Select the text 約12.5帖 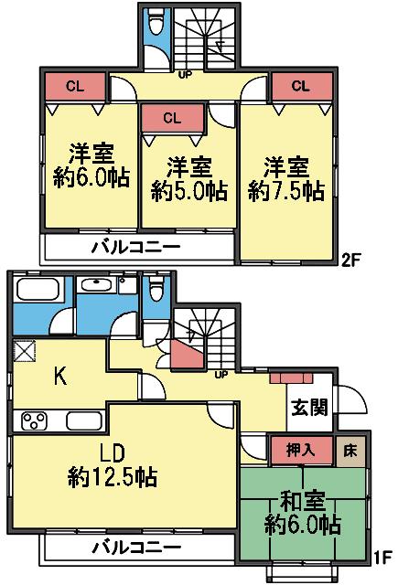tap(112, 476)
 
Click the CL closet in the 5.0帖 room tap(173, 117)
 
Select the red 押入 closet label tap(295, 451)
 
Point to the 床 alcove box tap(350, 451)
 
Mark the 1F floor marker tap(383, 555)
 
